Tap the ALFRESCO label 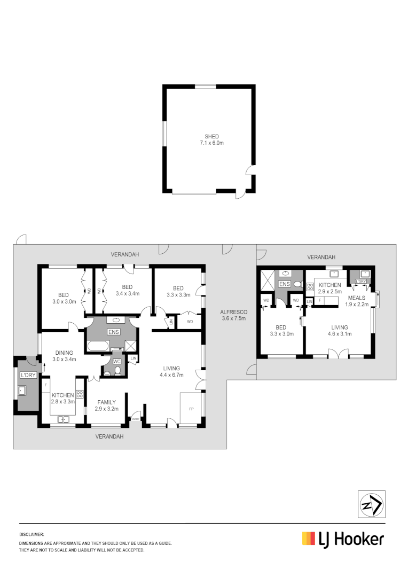click(233, 312)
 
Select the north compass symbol click(371, 504)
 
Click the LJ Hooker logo click(343, 539)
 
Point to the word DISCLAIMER click(32, 534)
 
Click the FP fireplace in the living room click(191, 409)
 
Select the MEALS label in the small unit click(356, 298)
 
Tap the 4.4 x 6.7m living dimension click(171, 375)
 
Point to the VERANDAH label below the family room click(109, 436)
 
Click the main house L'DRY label click(28, 375)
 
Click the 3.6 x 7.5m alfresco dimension click(233, 319)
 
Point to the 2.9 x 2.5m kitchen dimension click(329, 292)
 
